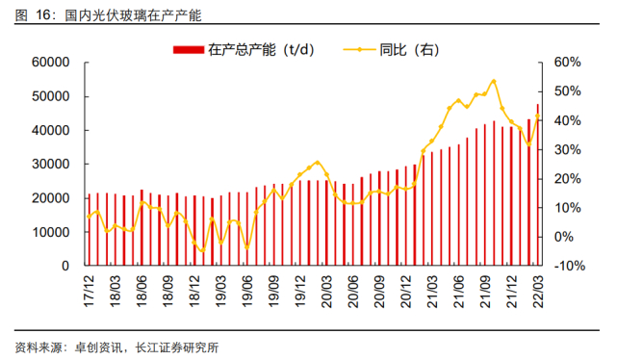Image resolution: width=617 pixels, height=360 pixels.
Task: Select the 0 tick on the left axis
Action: click(65, 266)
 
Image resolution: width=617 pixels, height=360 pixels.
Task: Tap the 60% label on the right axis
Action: click(568, 63)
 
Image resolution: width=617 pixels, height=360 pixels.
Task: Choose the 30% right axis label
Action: click(568, 149)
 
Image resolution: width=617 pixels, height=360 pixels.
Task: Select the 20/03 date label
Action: click(327, 287)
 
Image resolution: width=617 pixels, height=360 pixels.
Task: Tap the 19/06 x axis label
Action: click(247, 287)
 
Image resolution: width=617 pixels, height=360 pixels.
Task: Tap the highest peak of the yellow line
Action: click(494, 81)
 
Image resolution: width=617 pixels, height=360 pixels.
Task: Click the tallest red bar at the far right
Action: click(537, 184)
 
